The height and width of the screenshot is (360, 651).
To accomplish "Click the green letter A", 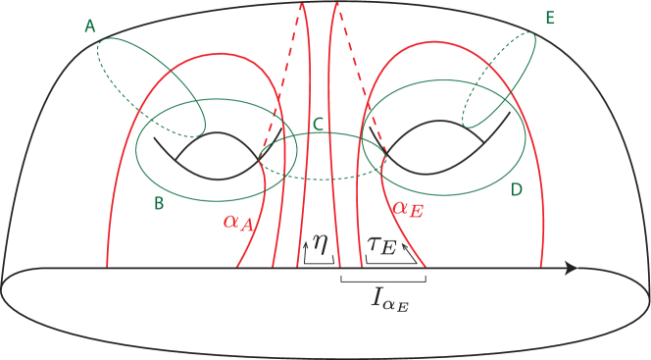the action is pyautogui.click(x=89, y=27).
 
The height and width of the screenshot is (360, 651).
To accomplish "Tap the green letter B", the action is pyautogui.click(x=159, y=203).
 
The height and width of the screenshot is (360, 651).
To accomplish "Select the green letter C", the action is pyautogui.click(x=319, y=124).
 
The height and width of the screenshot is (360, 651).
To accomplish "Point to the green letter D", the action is pyautogui.click(x=517, y=188).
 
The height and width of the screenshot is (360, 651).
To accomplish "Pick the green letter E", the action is pyautogui.click(x=549, y=19).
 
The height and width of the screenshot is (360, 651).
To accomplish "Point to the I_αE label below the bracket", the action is pyautogui.click(x=390, y=299).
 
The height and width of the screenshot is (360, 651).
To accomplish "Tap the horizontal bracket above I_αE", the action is pyautogui.click(x=382, y=280).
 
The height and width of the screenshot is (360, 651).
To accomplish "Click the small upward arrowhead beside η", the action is pyautogui.click(x=305, y=239).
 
